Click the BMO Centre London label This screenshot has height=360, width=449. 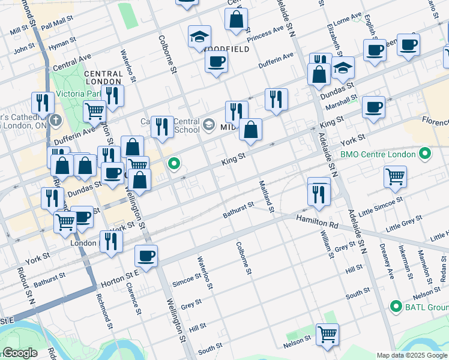coord(378,154)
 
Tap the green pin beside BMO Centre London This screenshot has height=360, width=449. coord(425,154)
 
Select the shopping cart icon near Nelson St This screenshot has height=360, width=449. coord(327,334)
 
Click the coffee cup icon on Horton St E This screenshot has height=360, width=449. coord(146,256)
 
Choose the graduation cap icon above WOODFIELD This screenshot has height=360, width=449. coord(199,37)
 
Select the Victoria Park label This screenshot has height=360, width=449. coord(77,94)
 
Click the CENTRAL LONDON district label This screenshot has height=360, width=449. coord(103,78)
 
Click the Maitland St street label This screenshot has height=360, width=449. coord(267,196)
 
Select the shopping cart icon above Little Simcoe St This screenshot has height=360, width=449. coord(395,176)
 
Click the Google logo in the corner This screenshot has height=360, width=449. coord(20,353)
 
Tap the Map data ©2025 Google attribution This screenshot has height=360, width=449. coord(411,355)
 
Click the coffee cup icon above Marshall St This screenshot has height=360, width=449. coord(373,107)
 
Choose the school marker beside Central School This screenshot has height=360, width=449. coord(209,125)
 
